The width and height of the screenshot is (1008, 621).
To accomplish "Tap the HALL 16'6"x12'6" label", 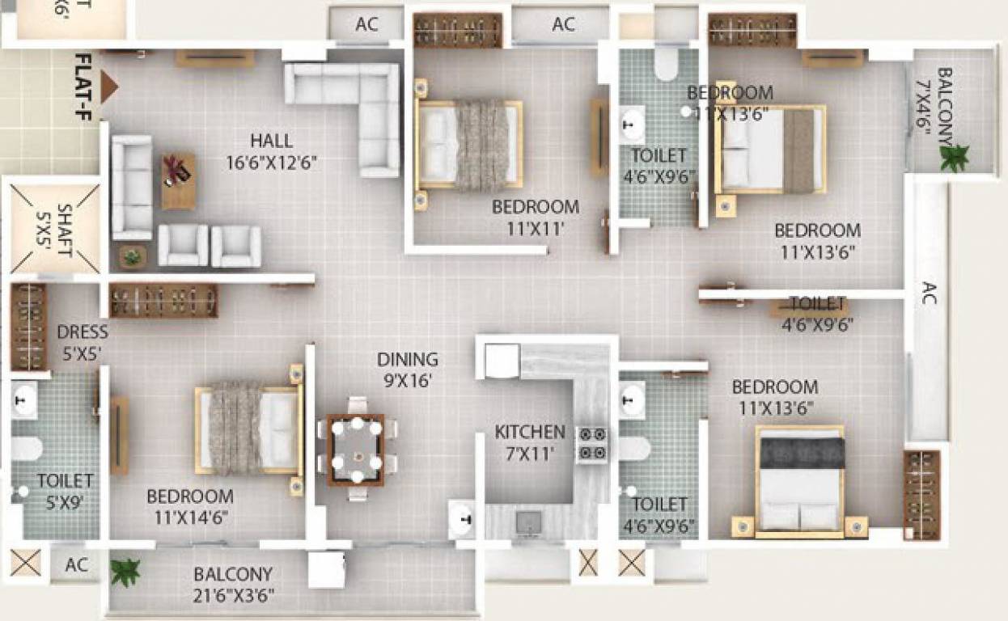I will [x=271, y=151].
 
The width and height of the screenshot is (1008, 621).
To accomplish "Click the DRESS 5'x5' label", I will [x=82, y=342].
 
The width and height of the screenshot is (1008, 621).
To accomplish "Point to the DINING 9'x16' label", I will [x=408, y=370].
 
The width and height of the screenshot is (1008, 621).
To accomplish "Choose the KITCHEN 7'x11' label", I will [x=530, y=442].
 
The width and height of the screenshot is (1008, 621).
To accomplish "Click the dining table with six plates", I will [x=356, y=450].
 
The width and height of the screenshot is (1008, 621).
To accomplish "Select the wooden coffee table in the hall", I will [x=178, y=180].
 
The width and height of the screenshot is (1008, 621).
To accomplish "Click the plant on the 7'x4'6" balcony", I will [x=954, y=157].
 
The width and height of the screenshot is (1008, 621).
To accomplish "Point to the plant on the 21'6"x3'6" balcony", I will [x=125, y=572].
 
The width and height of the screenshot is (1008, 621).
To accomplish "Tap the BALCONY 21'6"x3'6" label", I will [x=233, y=585].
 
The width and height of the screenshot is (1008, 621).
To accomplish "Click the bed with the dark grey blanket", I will [x=799, y=479].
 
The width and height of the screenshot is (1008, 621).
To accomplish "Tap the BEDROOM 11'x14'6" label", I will [x=190, y=506].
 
